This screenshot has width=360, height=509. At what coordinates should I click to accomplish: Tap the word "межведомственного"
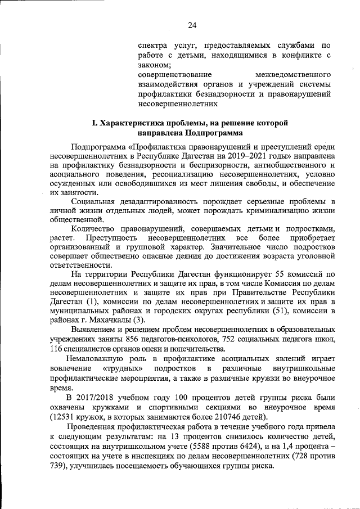pyautogui.click(x=293, y=75)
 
